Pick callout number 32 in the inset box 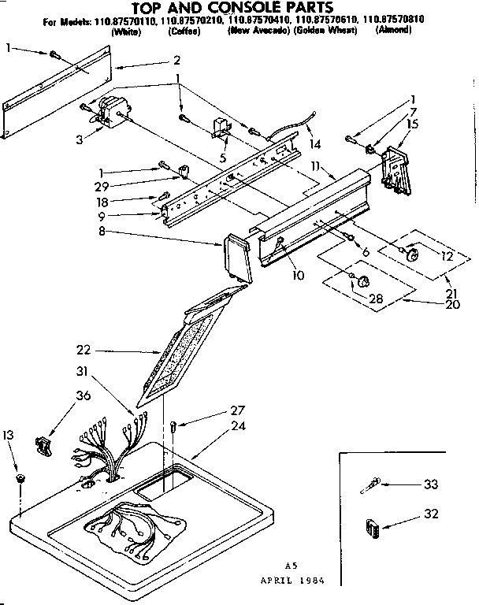pyautogui.click(x=429, y=514)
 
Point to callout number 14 pyautogui.click(x=316, y=144)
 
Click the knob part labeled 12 pyautogui.click(x=410, y=254)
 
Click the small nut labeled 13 pyautogui.click(x=20, y=477)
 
